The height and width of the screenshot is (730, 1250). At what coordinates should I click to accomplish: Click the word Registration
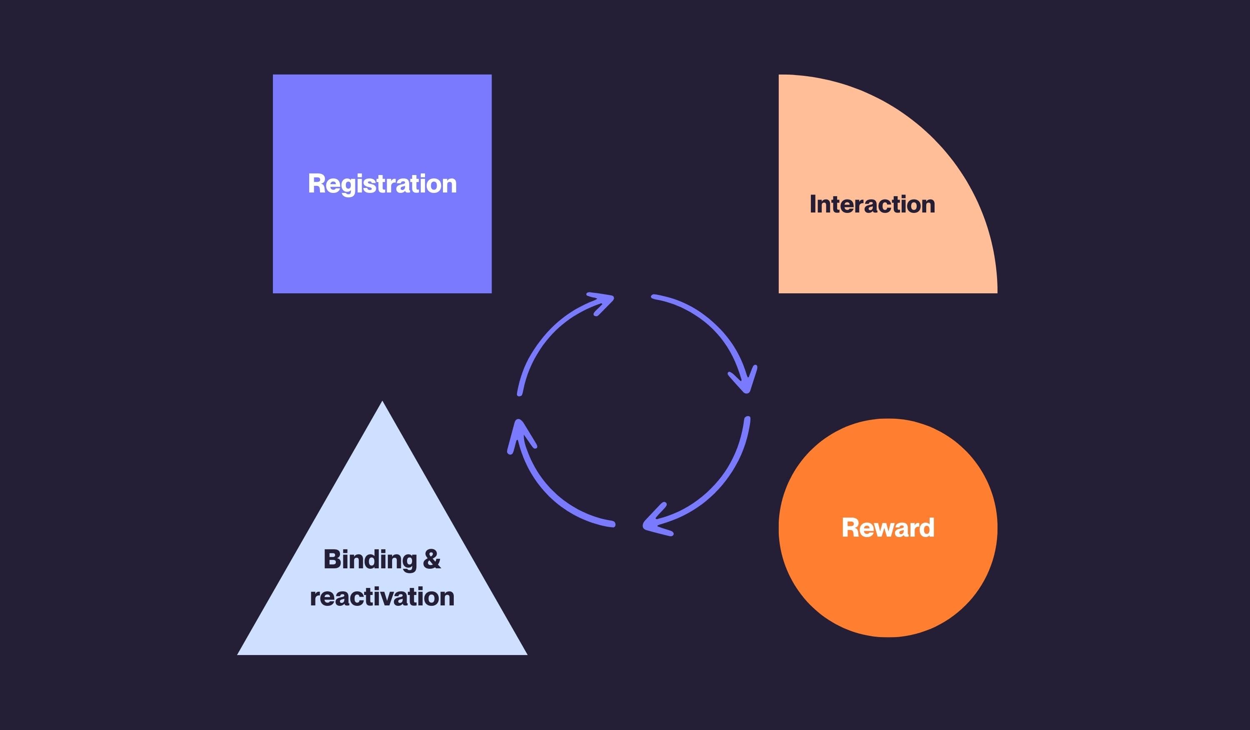pos(382,184)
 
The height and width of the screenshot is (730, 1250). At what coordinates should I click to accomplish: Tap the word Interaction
pos(872,204)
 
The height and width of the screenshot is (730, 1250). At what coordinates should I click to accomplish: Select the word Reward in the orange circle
pos(888,527)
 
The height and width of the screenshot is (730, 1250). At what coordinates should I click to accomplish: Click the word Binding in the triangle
pos(370,560)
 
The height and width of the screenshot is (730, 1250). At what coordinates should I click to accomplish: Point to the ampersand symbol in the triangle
pos(432,560)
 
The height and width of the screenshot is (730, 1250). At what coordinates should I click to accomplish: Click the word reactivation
pos(382,597)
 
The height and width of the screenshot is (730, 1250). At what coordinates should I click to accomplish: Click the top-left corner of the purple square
pos(274,76)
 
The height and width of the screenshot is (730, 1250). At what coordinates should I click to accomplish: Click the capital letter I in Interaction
pos(812,204)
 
